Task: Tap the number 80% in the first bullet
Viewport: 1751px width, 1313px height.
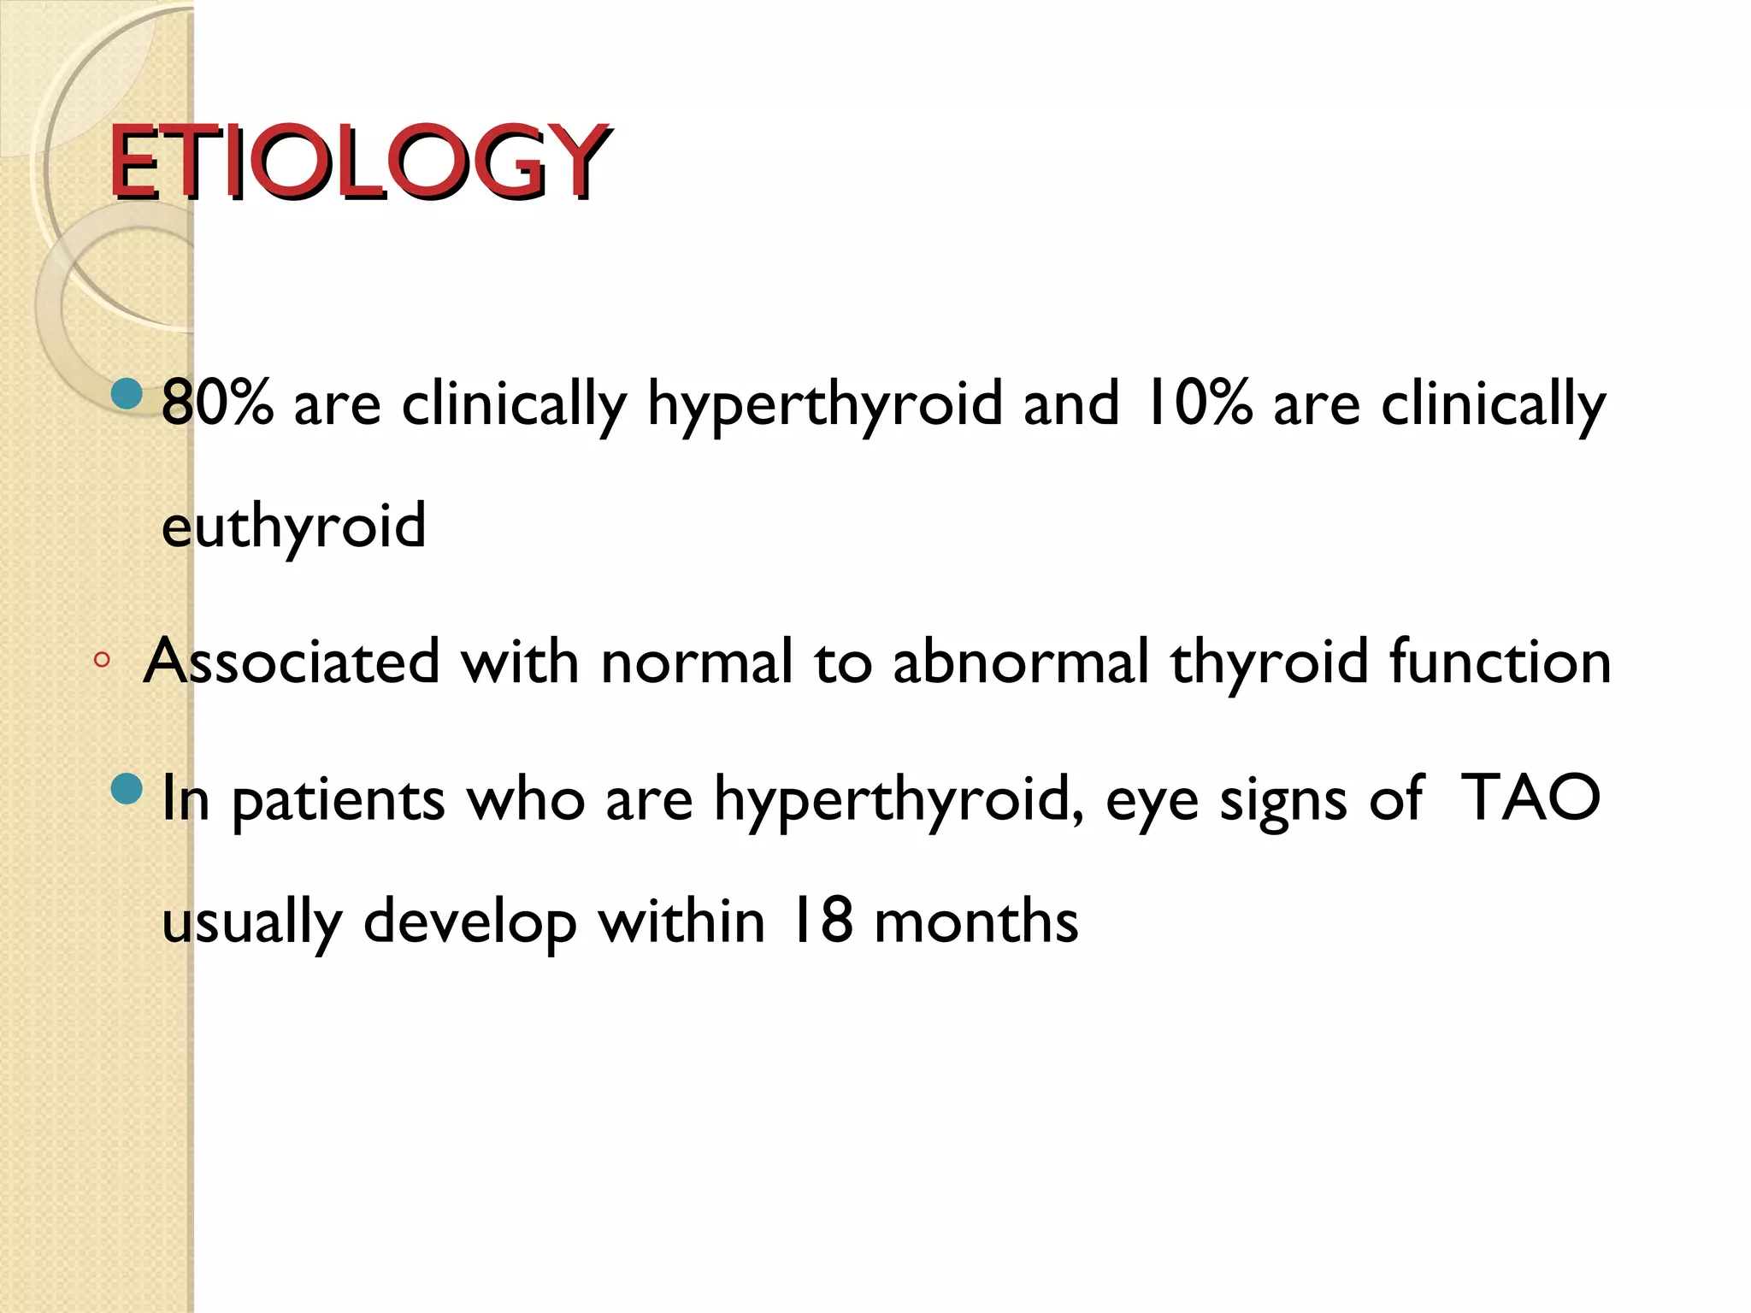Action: tap(217, 403)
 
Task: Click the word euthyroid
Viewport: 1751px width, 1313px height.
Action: tap(293, 527)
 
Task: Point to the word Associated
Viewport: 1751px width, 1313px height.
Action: tap(292, 662)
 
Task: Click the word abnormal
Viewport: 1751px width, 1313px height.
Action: tap(1021, 662)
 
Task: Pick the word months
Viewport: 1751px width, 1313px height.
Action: tap(976, 921)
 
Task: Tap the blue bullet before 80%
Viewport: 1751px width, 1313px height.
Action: tap(127, 394)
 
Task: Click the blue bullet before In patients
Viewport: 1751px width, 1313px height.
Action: tap(127, 789)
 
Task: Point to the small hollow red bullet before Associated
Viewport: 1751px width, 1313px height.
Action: tap(102, 659)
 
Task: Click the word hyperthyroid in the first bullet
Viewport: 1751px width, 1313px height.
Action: tap(824, 404)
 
